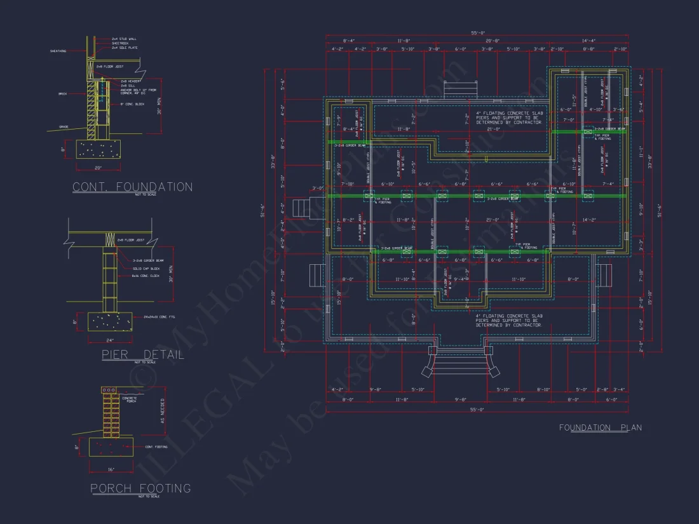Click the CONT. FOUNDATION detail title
pyautogui.click(x=132, y=187)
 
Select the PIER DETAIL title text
pyautogui.click(x=143, y=355)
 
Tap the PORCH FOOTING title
pyautogui.click(x=140, y=488)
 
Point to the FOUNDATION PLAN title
pyautogui.click(x=600, y=427)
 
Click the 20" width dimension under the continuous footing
pyautogui.click(x=97, y=168)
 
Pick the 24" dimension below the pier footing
pyautogui.click(x=109, y=340)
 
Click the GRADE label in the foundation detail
pyautogui.click(x=64, y=126)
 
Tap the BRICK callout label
pyautogui.click(x=62, y=94)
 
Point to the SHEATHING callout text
pyautogui.click(x=58, y=51)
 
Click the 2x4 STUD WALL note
pyautogui.click(x=124, y=39)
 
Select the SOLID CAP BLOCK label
pyautogui.click(x=146, y=268)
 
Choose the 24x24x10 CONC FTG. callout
pyautogui.click(x=157, y=316)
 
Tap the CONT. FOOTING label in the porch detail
pyautogui.click(x=156, y=447)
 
